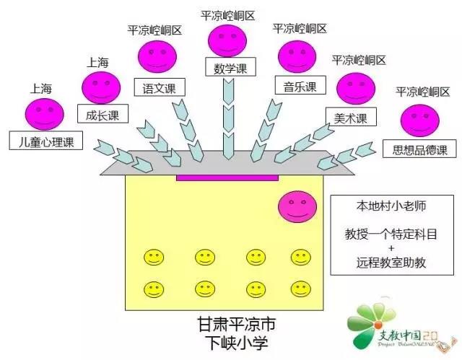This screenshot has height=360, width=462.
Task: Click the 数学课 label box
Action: pos(231,69)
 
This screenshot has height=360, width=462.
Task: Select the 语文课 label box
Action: pos(160,88)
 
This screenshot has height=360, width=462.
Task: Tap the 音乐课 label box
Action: pos(296,87)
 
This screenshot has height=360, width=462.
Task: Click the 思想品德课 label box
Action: pos(419,150)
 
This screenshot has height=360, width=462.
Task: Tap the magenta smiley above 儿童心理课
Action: pos(44,113)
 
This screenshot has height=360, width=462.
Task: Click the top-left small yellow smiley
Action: pos(153,257)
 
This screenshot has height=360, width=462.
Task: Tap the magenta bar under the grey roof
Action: pos(227,177)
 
